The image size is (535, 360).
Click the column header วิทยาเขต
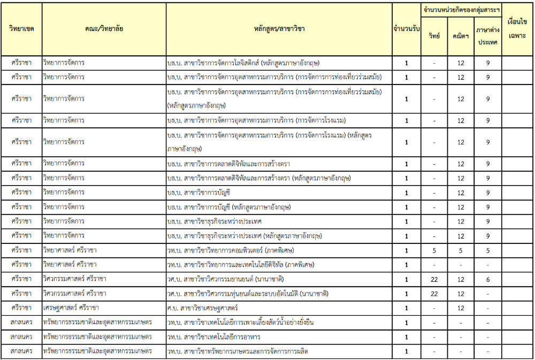[21, 28]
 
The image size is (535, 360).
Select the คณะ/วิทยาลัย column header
[104, 28]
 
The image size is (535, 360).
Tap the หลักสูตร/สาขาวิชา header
[279, 28]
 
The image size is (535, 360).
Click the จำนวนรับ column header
[406, 28]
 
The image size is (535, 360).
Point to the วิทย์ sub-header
[434, 36]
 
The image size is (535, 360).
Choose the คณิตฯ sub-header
[460, 36]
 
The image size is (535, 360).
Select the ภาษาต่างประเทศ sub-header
[488, 36]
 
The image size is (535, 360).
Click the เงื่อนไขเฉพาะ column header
[517, 28]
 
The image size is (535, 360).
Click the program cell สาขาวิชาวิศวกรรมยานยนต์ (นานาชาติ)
[225, 279]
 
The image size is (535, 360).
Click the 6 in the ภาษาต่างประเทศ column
[488, 279]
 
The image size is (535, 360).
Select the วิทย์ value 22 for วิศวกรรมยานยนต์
[434, 279]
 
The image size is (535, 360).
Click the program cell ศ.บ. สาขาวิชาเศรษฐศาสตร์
[203, 308]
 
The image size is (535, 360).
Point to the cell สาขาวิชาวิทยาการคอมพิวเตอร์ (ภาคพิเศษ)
[231, 250]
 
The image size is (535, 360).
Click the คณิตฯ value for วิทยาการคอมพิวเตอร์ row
[460, 250]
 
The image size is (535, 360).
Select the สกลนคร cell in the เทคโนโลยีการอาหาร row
[21, 337]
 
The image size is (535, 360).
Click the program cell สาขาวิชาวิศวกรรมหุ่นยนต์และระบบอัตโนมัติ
[247, 294]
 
